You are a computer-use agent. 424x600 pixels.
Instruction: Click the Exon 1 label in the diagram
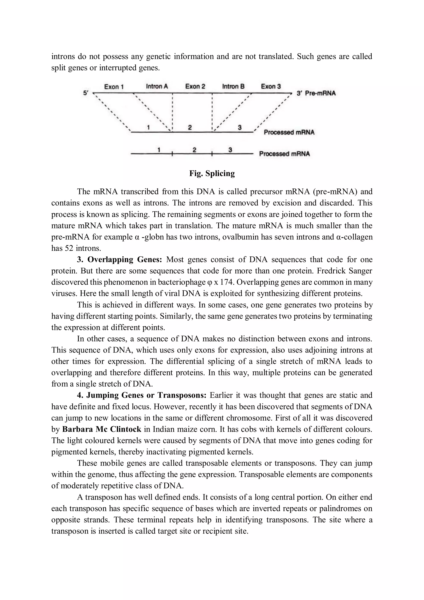(x=114, y=87)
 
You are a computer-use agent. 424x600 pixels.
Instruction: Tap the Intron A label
(x=157, y=87)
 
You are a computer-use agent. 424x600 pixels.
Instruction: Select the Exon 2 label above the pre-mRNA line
(x=195, y=87)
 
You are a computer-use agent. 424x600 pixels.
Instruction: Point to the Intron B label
(x=233, y=87)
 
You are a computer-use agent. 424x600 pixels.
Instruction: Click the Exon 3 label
(x=271, y=87)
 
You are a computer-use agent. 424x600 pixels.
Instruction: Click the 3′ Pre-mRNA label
(x=316, y=93)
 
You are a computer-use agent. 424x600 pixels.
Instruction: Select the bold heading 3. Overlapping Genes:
(x=119, y=260)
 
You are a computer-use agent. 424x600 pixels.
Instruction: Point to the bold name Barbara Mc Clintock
(x=102, y=429)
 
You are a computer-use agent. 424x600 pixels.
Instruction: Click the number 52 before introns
(x=69, y=248)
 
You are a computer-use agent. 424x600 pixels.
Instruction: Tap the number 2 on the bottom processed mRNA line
(x=194, y=150)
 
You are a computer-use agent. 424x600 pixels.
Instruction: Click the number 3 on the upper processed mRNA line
(x=240, y=128)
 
